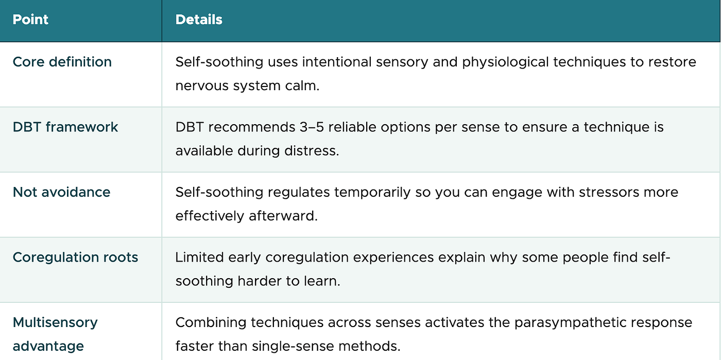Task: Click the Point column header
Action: (x=30, y=20)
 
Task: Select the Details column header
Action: (x=199, y=20)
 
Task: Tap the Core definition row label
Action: (x=62, y=62)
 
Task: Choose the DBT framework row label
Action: (x=65, y=127)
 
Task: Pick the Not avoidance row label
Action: (x=61, y=192)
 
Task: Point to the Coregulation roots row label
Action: (x=75, y=257)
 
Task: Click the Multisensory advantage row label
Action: (x=55, y=334)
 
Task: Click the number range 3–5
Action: (x=312, y=127)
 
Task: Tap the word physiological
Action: (x=505, y=62)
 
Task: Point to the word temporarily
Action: (x=372, y=193)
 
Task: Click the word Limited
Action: (x=200, y=257)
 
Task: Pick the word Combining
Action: (x=211, y=323)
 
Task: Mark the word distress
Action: (x=312, y=151)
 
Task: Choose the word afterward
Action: (x=283, y=216)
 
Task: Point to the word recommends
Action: (x=252, y=127)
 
